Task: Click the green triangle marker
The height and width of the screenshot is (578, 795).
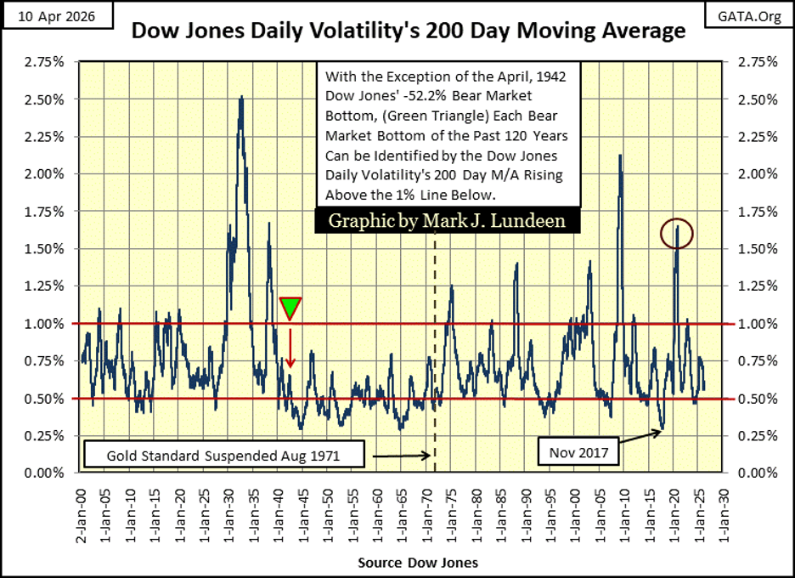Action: [x=290, y=308]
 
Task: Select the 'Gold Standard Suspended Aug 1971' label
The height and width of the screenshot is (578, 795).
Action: [x=223, y=456]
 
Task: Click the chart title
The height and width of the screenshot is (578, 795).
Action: [x=408, y=31]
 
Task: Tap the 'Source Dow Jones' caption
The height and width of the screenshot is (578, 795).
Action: [x=417, y=563]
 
